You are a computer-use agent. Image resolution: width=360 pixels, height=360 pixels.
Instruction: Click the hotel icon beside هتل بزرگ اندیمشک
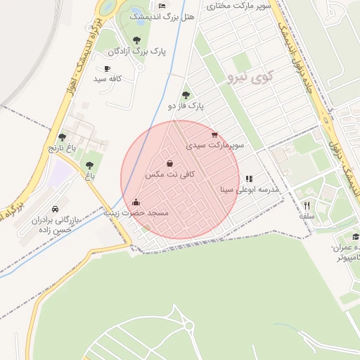click(162, 6)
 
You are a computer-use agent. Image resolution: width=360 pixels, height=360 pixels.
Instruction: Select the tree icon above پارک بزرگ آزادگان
click(136, 40)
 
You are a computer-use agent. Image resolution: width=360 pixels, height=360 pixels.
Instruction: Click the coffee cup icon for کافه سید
click(107, 69)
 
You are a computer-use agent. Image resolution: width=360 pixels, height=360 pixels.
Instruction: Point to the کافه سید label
click(108, 79)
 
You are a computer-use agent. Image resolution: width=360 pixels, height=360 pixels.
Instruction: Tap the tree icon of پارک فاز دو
click(186, 95)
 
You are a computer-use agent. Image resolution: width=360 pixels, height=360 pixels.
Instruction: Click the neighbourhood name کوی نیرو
click(246, 77)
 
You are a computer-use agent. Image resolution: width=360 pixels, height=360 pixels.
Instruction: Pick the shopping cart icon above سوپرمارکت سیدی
click(214, 134)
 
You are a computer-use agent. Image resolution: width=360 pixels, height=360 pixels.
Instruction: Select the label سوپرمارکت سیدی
click(214, 145)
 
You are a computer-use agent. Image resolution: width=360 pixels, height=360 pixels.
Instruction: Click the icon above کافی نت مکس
click(169, 163)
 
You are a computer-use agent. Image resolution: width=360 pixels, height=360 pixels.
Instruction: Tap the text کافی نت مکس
click(169, 174)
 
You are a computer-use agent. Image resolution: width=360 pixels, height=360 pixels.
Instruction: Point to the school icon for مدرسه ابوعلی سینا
click(249, 179)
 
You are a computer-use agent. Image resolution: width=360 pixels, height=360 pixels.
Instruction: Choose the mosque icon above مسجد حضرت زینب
click(136, 202)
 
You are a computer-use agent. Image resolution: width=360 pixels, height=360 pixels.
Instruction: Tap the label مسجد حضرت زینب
click(136, 212)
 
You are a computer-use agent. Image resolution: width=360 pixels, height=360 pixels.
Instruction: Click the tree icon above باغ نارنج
click(62, 138)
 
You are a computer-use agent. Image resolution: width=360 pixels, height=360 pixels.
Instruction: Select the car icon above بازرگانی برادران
click(56, 210)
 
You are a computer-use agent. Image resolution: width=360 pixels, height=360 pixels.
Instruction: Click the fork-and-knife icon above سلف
click(307, 205)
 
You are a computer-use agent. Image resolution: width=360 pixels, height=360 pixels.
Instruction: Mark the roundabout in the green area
click(188, 325)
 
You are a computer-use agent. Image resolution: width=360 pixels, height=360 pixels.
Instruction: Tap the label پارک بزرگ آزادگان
click(136, 51)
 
